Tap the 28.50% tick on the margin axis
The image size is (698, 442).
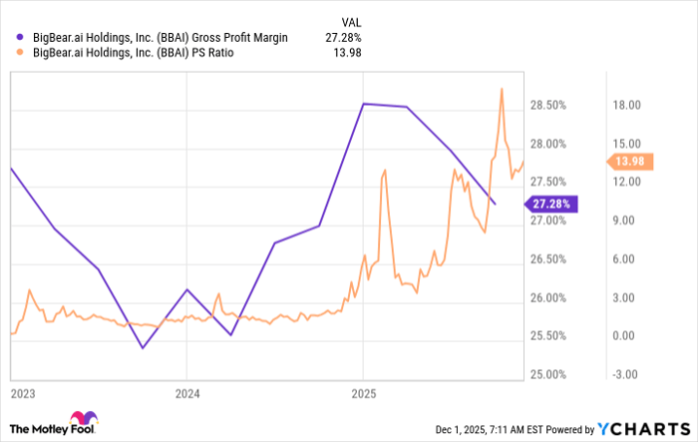[x=548, y=106]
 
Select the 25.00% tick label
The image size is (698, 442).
[x=548, y=375]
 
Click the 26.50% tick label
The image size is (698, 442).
[x=548, y=259]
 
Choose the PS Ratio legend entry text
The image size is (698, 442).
[x=133, y=55]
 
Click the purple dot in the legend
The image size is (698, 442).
[x=21, y=38]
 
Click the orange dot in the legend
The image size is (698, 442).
[x=21, y=55]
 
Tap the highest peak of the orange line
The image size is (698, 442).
[x=501, y=89]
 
